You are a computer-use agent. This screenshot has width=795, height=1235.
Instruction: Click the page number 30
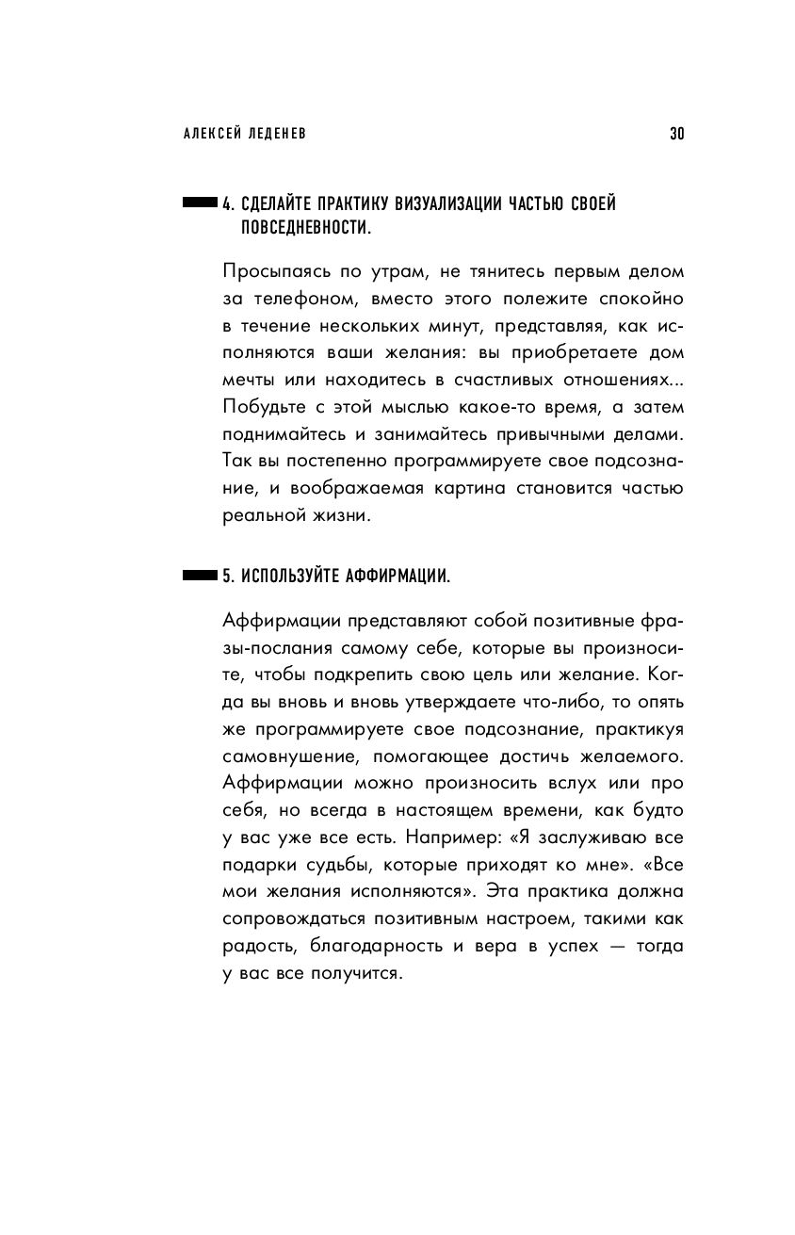pyautogui.click(x=676, y=135)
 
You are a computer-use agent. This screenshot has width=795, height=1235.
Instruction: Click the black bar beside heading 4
pyautogui.click(x=199, y=203)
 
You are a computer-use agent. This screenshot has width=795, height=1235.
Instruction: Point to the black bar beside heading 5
pyautogui.click(x=199, y=575)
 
